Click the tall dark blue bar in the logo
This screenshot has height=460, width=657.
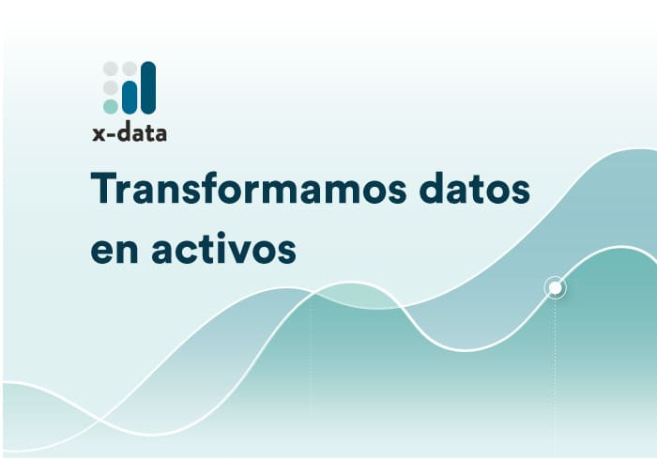click(147, 87)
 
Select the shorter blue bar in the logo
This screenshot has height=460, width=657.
click(130, 97)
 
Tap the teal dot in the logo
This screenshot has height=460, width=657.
click(111, 106)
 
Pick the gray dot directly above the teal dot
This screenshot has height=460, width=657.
click(111, 87)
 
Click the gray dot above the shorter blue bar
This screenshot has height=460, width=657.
click(130, 69)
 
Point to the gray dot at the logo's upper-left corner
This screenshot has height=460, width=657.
click(111, 69)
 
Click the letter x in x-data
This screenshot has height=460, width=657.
click(98, 133)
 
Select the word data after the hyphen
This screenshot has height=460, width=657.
click(140, 132)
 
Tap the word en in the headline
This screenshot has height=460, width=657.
click(112, 252)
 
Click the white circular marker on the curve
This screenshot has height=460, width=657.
click(556, 287)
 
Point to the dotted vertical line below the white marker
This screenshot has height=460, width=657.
click(556, 376)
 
